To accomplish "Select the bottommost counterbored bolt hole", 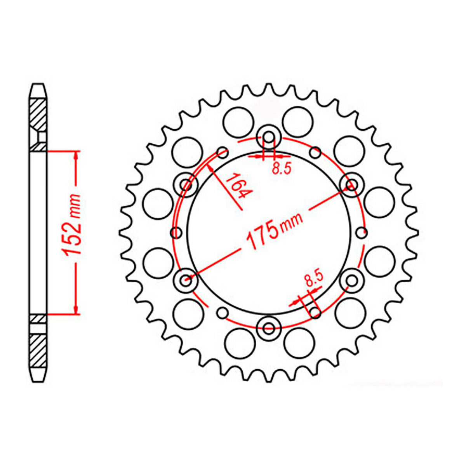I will click(x=268, y=329).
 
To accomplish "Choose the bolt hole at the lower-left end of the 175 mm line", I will click(x=186, y=278).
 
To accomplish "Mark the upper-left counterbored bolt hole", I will click(x=186, y=185).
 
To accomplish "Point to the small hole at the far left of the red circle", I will click(x=177, y=233).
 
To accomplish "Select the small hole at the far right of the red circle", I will click(x=362, y=233).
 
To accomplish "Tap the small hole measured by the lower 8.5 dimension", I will click(x=315, y=312).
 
